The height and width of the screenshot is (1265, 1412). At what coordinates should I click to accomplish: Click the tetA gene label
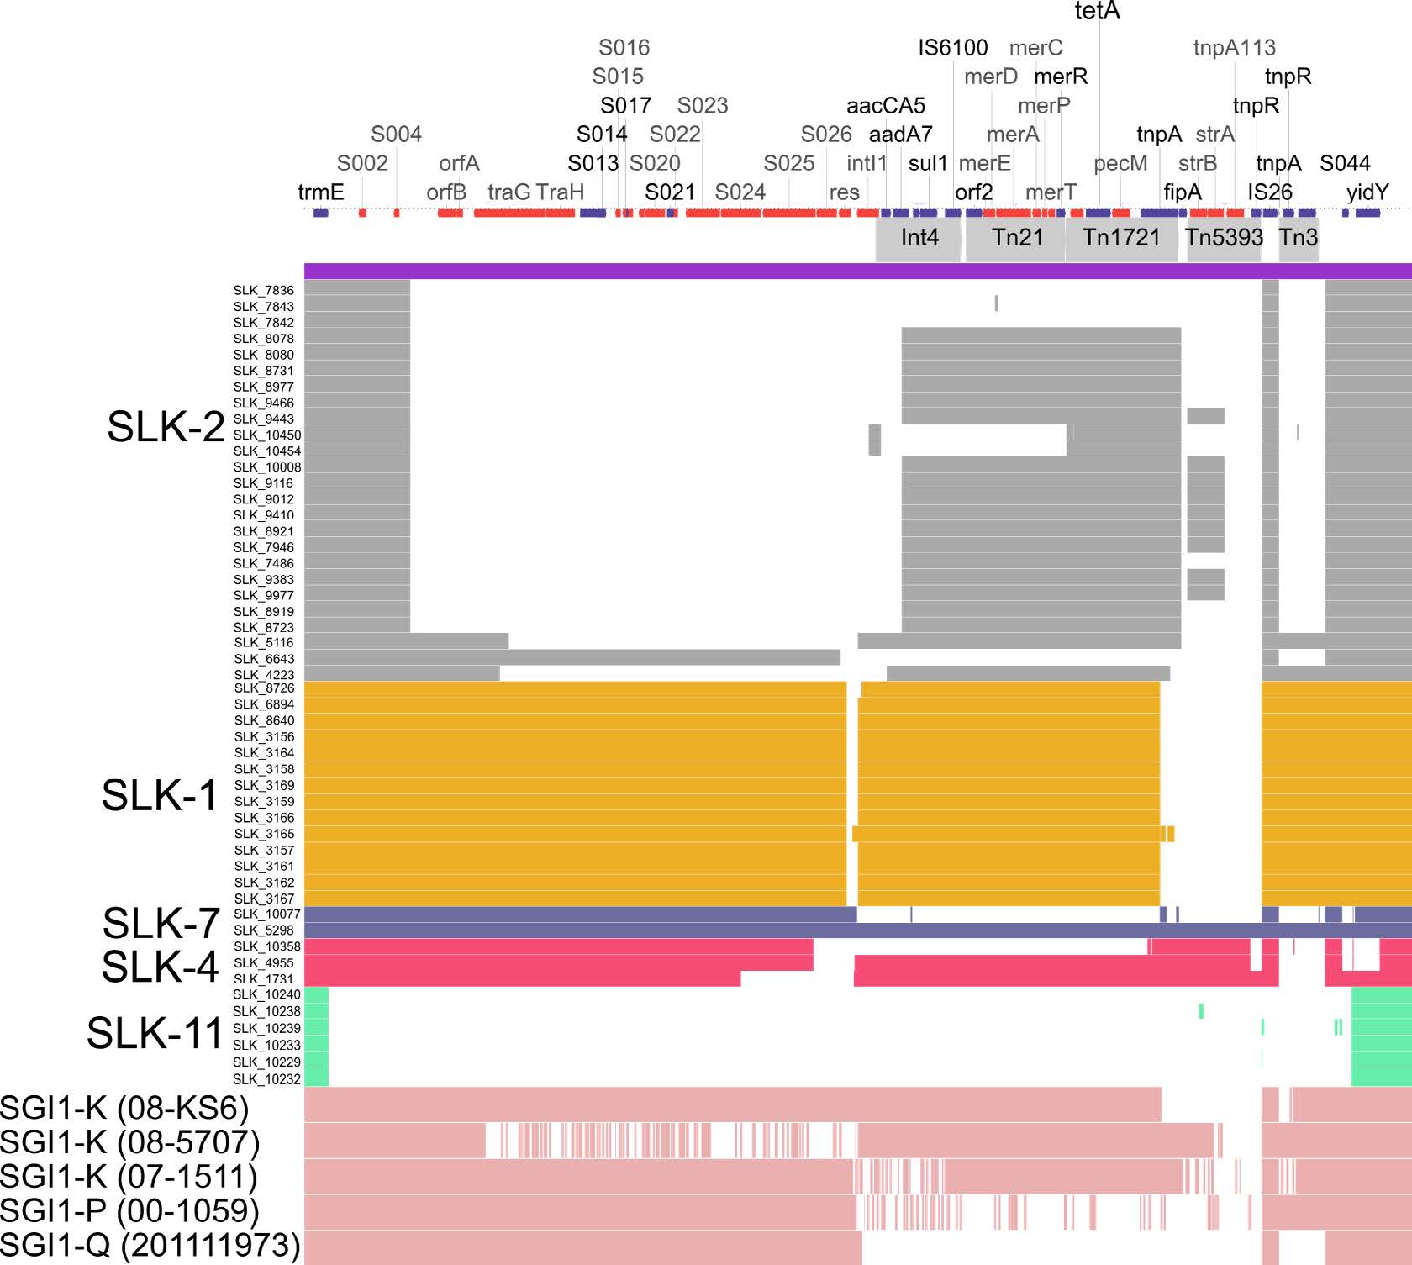click(x=1097, y=12)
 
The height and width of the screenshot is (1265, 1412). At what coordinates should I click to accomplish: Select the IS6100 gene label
click(x=952, y=48)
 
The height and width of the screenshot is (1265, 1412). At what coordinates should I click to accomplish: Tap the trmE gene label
click(x=321, y=192)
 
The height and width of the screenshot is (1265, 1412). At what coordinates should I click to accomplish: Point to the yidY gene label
click(x=1367, y=192)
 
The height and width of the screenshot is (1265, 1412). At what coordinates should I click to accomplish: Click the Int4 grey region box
click(x=919, y=238)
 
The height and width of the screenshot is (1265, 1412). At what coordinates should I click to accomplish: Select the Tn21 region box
click(x=1017, y=238)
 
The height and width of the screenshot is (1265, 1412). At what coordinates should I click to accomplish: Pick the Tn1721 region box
click(x=1121, y=238)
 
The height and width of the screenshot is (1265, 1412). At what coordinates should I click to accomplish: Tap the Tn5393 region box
click(x=1224, y=238)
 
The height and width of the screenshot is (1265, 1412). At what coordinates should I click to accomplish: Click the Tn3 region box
click(x=1299, y=238)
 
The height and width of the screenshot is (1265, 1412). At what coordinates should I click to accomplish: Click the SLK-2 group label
click(x=166, y=427)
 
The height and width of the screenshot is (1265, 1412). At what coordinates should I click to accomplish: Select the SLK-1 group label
click(x=160, y=795)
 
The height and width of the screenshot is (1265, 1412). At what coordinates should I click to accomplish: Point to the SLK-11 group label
click(x=155, y=1033)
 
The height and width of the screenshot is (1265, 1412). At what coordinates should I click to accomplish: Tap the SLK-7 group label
click(x=161, y=924)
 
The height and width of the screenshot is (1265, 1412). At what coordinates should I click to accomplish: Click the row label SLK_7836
click(x=264, y=291)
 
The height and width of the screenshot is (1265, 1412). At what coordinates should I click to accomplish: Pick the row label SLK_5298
click(x=264, y=930)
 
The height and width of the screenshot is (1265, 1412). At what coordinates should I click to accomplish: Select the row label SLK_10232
click(x=266, y=1079)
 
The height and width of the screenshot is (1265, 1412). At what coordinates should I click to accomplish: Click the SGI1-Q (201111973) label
click(x=150, y=1246)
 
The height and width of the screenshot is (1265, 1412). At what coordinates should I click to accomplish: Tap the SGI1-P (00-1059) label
click(x=129, y=1211)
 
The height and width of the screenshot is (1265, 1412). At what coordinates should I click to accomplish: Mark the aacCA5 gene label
click(x=885, y=106)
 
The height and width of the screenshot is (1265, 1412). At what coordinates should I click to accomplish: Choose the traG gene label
click(x=508, y=192)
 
